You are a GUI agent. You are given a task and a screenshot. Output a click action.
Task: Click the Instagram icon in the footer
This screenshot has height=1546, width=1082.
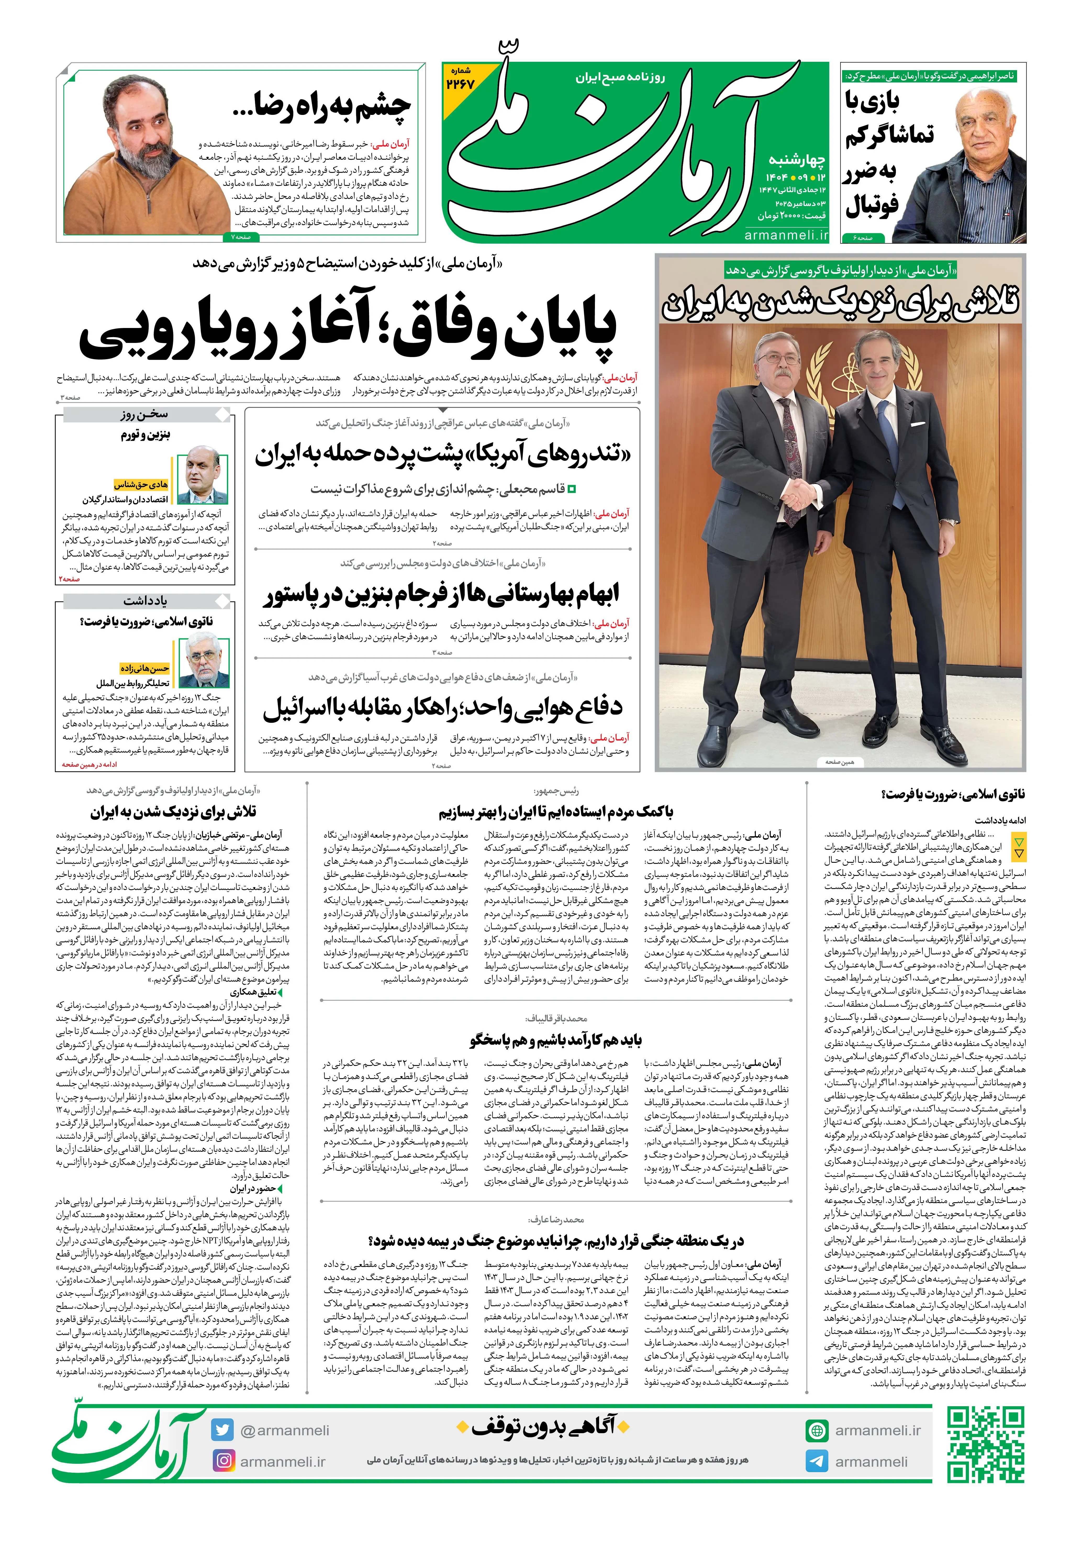click(223, 1461)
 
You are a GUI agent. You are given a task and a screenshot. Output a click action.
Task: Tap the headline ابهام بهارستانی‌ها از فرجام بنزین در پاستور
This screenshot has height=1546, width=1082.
click(441, 593)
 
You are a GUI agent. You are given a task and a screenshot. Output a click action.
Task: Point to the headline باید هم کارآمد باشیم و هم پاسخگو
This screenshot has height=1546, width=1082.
click(556, 1040)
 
